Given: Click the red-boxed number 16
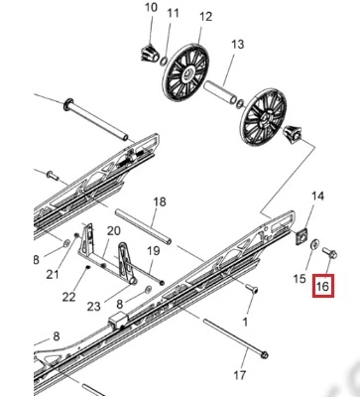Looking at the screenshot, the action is coord(323,286).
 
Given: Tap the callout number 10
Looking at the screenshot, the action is coord(151,8).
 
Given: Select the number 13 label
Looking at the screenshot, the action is coord(237,44).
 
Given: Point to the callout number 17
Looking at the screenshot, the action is coord(240,375).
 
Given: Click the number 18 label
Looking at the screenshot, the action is coord(160,201).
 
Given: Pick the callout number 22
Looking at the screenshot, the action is coord(69,297).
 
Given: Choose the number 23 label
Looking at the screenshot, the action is coord(93,306).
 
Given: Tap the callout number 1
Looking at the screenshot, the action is coord(245,322).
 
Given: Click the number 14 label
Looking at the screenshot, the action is coord(317,196).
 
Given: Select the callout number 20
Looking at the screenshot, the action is coord(113,230).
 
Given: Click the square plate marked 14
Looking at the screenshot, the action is coord(301,236).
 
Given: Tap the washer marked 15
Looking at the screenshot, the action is coord(314,244).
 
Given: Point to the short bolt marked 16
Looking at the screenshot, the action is coord(330,253).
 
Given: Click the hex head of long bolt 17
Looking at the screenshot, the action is coord(264,355).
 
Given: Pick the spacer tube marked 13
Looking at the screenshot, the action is coord(220,92).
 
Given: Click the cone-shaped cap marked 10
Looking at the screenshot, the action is coord(149,53).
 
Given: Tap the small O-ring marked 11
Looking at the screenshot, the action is coord(164,61).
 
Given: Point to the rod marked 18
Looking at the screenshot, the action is coord(143,226).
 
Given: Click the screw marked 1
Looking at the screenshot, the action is coord(252,288).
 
